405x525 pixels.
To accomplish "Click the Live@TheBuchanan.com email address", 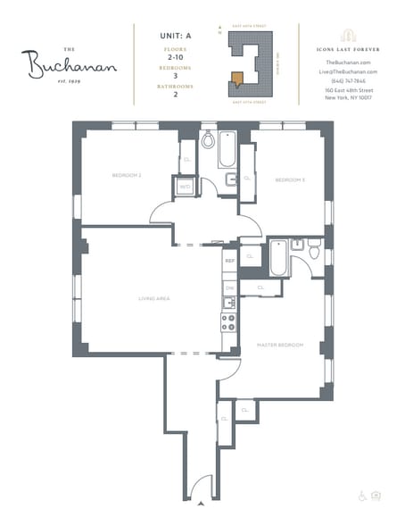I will click(348, 71).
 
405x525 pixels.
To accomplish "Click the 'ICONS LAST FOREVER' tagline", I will click(348, 48).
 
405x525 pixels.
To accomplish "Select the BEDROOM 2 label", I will click(127, 175).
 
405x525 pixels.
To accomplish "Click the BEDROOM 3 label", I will click(290, 180).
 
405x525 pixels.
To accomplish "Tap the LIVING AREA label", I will click(153, 298).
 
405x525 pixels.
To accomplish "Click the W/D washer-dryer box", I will click(184, 187).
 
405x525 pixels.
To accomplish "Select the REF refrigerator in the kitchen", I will click(229, 261).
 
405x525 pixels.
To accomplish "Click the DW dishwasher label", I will click(229, 288).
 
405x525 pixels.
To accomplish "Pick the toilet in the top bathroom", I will click(209, 140).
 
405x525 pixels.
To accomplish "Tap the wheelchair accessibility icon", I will click(361, 495).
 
